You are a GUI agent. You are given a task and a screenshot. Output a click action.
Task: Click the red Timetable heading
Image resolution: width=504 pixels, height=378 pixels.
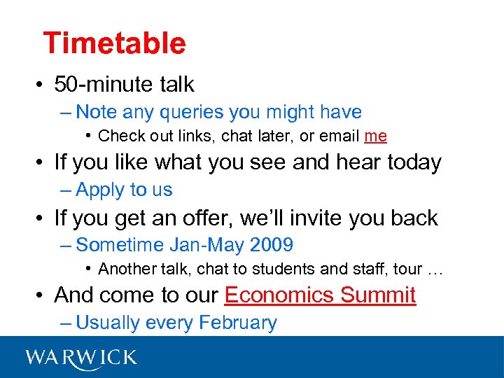click(x=114, y=43)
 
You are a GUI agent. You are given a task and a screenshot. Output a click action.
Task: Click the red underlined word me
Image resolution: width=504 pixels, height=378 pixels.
click(x=375, y=136)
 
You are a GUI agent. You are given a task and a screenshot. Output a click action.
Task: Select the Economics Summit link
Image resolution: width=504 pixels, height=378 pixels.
click(x=320, y=295)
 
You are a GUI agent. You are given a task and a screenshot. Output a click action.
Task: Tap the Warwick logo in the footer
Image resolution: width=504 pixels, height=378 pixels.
click(x=81, y=358)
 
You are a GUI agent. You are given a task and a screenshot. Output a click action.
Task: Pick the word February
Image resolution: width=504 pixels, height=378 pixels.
click(x=238, y=323)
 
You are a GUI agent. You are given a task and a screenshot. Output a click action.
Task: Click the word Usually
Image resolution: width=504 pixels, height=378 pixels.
click(x=108, y=323)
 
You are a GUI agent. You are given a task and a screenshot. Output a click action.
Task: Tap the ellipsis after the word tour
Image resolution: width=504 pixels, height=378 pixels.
click(x=436, y=269)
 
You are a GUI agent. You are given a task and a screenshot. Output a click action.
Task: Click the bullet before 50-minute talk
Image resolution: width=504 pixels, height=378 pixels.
click(x=43, y=85)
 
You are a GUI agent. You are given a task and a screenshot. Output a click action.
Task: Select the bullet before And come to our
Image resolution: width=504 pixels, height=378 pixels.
click(x=43, y=296)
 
